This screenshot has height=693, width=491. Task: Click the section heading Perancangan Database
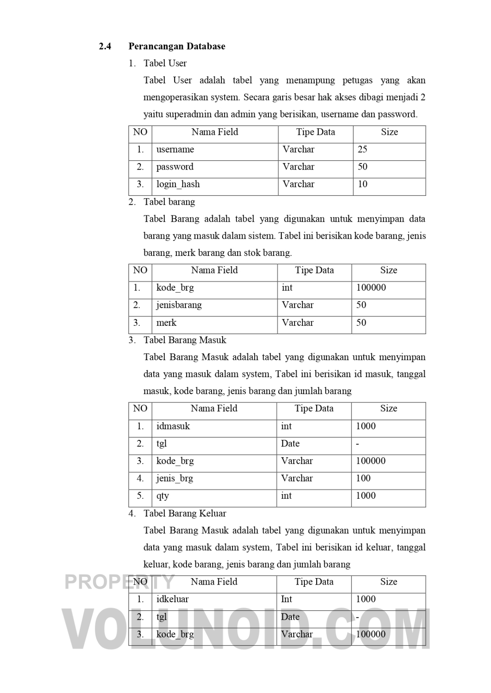coord(177,46)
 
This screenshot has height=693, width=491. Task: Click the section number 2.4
coord(105,46)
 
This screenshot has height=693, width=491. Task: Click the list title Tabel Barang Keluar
coord(185,514)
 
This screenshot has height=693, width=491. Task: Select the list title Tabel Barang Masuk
coord(185,340)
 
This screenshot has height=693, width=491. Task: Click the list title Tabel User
coord(165,63)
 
